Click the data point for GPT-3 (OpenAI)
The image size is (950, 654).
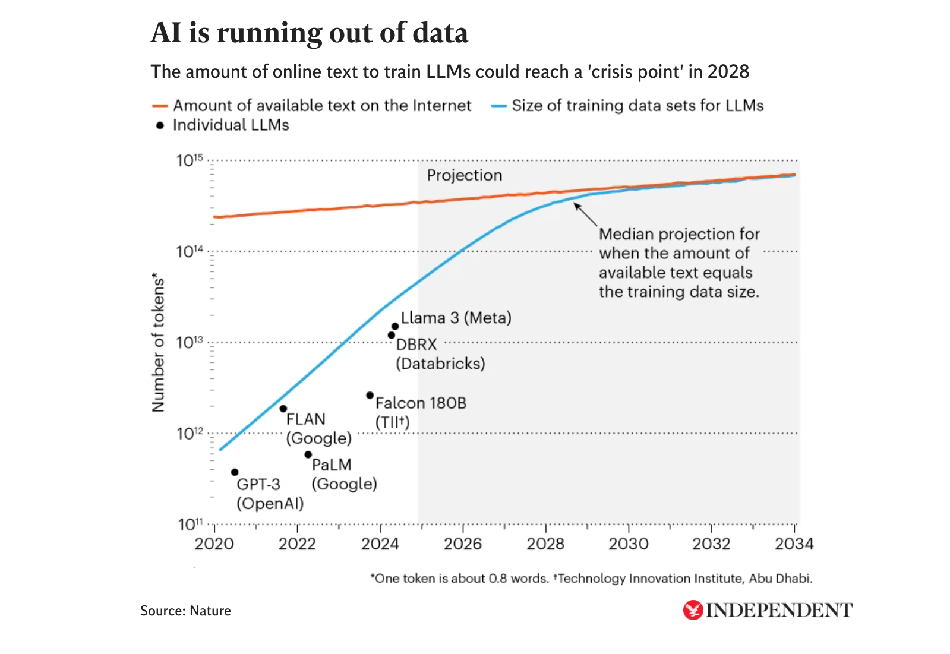click(x=235, y=472)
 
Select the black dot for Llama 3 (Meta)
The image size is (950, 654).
click(x=395, y=326)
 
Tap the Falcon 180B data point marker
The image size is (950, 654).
click(x=370, y=395)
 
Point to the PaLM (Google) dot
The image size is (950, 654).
click(x=308, y=454)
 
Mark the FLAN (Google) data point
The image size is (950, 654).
click(x=283, y=409)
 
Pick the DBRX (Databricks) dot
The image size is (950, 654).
click(x=392, y=335)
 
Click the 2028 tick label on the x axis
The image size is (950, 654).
click(x=545, y=544)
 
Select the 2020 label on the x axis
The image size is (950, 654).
click(x=214, y=544)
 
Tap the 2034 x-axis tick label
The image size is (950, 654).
click(x=794, y=544)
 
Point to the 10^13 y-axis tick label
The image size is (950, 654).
click(x=190, y=342)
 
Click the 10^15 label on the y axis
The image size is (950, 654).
click(x=190, y=160)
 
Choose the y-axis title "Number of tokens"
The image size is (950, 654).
click(x=158, y=342)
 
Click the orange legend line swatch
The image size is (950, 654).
click(x=160, y=106)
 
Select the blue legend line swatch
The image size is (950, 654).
click(x=498, y=106)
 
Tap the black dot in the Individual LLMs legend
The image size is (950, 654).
click(x=160, y=125)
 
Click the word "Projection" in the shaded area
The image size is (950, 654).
click(x=464, y=175)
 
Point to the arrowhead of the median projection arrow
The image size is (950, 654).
click(x=575, y=205)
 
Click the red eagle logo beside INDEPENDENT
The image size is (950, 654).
click(x=693, y=610)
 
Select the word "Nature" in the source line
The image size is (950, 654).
click(x=210, y=611)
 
